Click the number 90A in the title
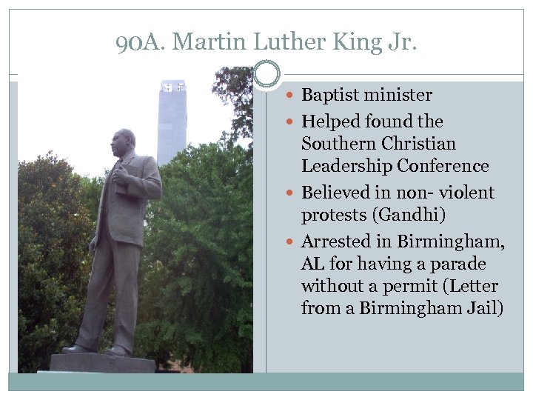[140, 42]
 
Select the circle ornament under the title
[266, 74]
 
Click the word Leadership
[346, 166]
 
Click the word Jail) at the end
[485, 308]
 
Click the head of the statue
[123, 141]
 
